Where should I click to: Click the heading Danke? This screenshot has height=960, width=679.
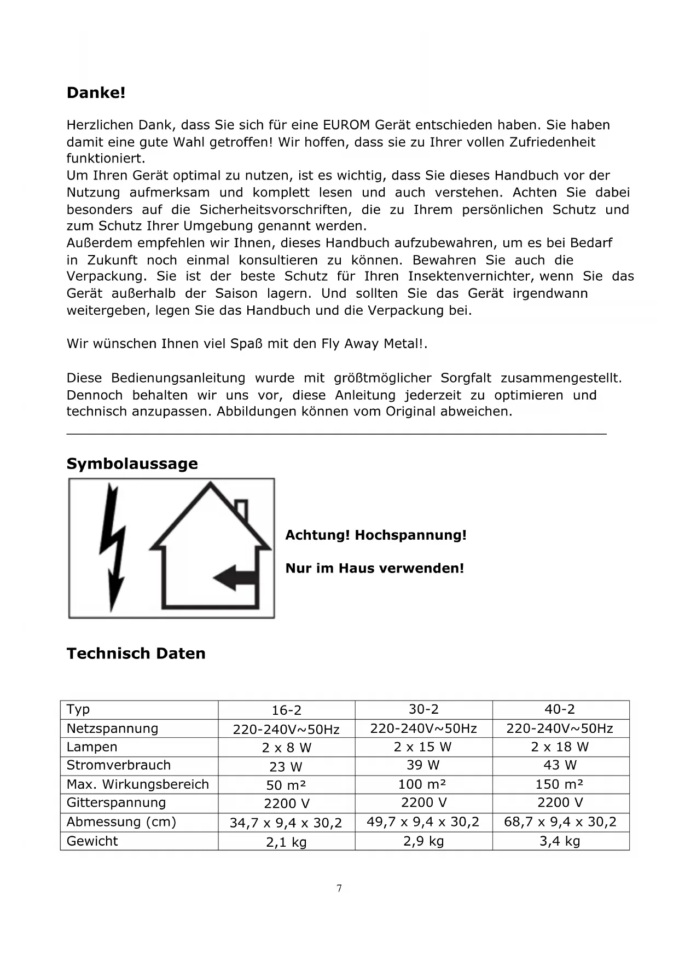click(96, 93)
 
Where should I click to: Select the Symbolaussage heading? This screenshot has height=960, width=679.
click(132, 464)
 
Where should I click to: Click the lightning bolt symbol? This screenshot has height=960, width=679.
click(113, 547)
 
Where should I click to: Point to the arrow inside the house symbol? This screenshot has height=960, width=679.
click(234, 578)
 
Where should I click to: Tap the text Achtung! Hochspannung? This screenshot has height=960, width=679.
click(376, 535)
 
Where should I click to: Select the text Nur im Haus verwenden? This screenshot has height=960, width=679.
click(374, 568)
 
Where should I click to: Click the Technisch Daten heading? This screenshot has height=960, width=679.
click(136, 654)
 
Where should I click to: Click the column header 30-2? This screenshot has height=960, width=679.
click(423, 709)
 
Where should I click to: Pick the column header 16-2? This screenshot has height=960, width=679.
click(286, 710)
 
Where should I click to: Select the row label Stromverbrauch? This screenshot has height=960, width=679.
click(119, 765)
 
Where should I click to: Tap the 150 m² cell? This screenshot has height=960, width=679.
click(559, 784)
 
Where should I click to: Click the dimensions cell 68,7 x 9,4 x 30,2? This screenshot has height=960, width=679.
click(560, 822)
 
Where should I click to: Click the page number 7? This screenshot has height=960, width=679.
click(339, 888)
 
